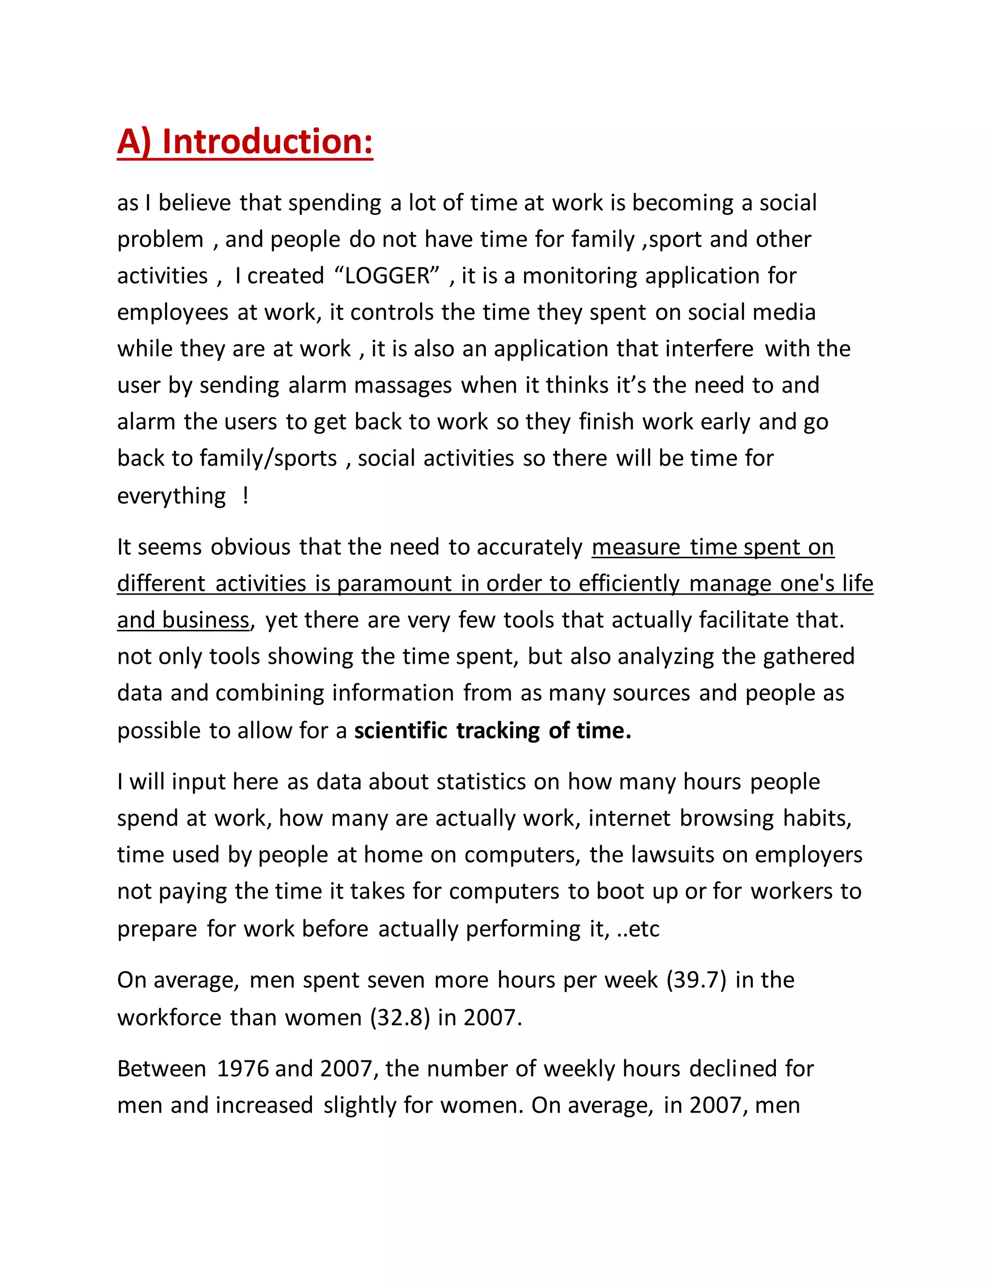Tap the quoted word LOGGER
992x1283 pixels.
click(387, 275)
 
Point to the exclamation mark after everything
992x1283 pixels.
click(245, 495)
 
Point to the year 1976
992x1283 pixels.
click(242, 1069)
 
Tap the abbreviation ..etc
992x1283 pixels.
click(638, 929)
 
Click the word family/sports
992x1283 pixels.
click(268, 458)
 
